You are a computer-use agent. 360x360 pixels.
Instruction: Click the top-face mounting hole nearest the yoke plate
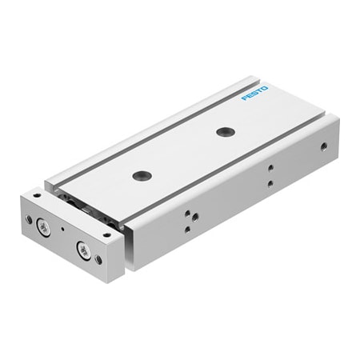[x=143, y=175]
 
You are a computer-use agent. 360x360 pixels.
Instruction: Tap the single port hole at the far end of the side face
[x=323, y=146]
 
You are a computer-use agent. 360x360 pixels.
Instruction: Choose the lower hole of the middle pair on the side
[x=270, y=183]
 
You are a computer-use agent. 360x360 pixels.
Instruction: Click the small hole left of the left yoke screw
[x=30, y=219]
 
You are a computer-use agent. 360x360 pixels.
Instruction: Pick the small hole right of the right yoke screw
[x=98, y=260]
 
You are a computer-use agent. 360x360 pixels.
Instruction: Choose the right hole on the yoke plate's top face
[x=106, y=235]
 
